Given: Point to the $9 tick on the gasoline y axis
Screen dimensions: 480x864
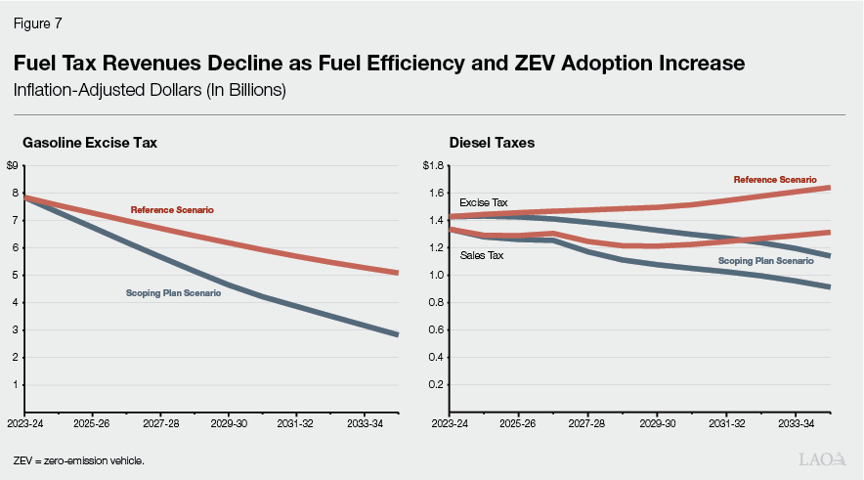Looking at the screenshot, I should coord(12,165).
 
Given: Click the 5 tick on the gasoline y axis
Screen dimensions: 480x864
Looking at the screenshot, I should coord(14,276).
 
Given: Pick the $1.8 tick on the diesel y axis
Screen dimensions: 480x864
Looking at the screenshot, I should coord(434,165).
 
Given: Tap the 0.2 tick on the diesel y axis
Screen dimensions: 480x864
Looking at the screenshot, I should coord(436,385).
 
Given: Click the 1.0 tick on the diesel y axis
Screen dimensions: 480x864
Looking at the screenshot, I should coord(436,276).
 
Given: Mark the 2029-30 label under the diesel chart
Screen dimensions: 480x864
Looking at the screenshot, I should coord(657,426).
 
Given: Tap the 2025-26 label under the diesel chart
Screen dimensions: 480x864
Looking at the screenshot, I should coord(517,426).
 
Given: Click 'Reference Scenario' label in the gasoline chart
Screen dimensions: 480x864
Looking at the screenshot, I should coord(172,210).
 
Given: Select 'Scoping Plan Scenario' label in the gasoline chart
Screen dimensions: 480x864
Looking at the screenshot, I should coord(173,293).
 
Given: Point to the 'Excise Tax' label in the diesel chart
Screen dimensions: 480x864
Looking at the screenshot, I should coord(484,202).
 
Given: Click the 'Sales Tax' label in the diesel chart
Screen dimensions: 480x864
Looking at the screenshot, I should coord(481,255).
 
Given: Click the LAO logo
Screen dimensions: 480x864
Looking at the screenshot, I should coord(821,458).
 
